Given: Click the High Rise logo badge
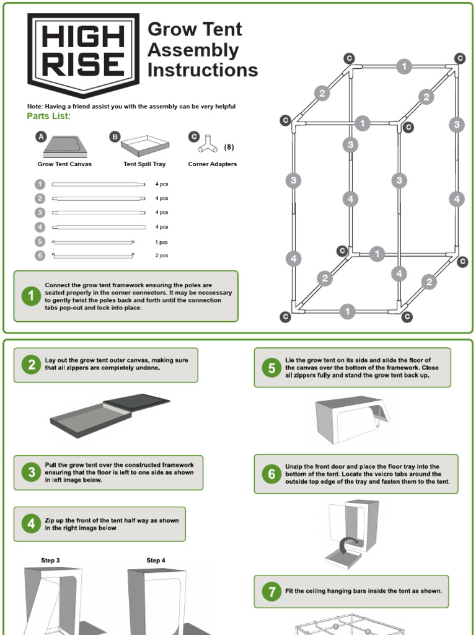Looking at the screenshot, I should (84, 55).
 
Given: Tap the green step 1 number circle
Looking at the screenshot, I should (32, 296).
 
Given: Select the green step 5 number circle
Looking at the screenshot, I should (271, 368).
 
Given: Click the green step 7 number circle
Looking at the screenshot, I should (271, 592).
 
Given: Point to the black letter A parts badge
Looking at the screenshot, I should (41, 136).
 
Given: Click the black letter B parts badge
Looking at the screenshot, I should (114, 136).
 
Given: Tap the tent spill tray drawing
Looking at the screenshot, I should (145, 146).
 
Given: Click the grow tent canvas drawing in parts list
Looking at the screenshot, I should (64, 146).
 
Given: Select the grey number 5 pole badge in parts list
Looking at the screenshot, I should (40, 242).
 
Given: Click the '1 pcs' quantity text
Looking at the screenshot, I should (162, 242).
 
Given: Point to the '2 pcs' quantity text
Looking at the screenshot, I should (162, 255).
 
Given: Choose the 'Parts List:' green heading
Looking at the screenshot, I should (49, 116).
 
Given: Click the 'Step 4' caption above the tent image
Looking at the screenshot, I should (156, 561).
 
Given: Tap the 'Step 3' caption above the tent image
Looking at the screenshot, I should (51, 561).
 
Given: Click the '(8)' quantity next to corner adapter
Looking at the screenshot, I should (229, 148).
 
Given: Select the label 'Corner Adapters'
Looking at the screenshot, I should (213, 164).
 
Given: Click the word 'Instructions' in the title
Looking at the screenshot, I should (203, 70).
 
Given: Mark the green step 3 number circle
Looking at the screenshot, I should (32, 473).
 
